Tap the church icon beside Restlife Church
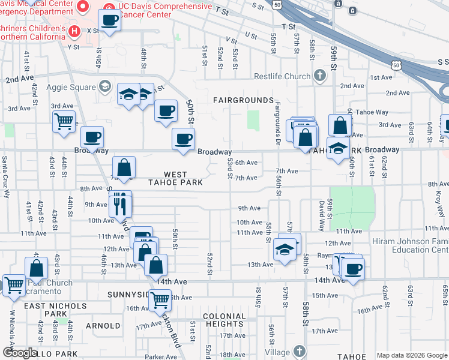pyautogui.click(x=320, y=76)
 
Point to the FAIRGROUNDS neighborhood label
pyautogui.click(x=243, y=100)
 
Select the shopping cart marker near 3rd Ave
pyautogui.click(x=63, y=122)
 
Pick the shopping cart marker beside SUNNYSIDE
pyautogui.click(x=160, y=298)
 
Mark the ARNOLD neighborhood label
pyautogui.click(x=103, y=326)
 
